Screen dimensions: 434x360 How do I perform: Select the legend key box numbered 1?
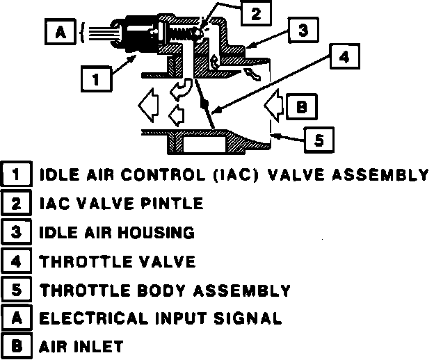(x=15, y=174)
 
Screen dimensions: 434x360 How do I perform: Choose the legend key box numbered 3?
(x=15, y=232)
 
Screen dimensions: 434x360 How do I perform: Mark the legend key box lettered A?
(x=15, y=318)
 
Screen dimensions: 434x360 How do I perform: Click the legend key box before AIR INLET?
(x=15, y=345)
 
